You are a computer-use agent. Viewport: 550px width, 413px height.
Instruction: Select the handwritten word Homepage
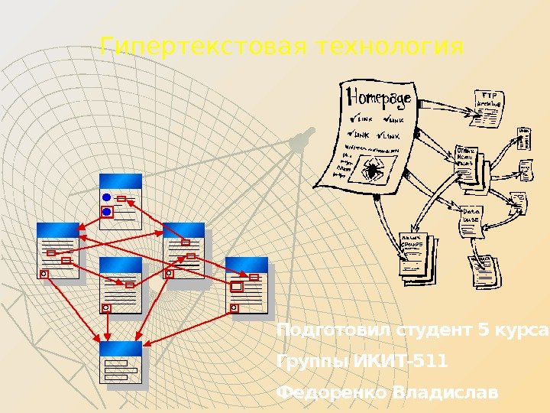pyautogui.click(x=380, y=98)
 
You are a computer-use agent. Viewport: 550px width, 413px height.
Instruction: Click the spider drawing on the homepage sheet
pyautogui.click(x=374, y=170)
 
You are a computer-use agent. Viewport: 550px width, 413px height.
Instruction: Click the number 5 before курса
pyautogui.click(x=480, y=330)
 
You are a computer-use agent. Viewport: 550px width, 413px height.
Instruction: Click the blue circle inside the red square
pyautogui.click(x=107, y=211)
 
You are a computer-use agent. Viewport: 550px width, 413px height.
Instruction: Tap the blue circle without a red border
pyautogui.click(x=107, y=197)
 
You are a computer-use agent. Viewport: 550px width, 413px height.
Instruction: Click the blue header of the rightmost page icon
pyautogui.click(x=247, y=264)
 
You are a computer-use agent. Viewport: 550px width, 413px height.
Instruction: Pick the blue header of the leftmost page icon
pyautogui.click(x=58, y=229)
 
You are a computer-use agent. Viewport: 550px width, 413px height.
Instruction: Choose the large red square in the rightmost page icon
pyautogui.click(x=236, y=286)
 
